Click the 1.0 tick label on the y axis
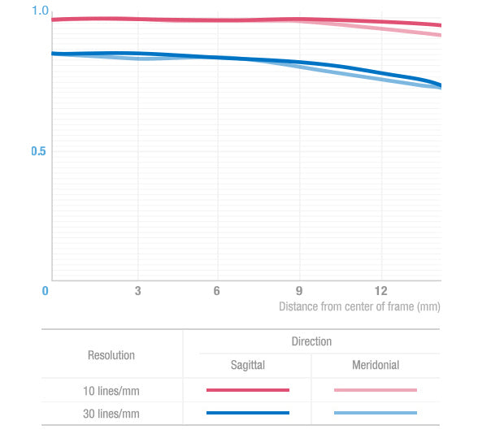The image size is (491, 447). coord(41,11)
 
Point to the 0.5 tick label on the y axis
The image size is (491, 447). coord(38,151)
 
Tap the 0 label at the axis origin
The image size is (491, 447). coord(45,291)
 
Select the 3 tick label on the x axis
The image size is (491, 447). coord(137,291)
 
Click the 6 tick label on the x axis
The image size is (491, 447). coord(217,291)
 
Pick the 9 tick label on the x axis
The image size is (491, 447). coord(299,291)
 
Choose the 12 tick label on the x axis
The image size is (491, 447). coord(381,291)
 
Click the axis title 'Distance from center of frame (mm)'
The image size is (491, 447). coord(359,306)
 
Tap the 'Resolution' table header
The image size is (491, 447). coord(111,355)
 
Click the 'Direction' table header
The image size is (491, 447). coord(311,341)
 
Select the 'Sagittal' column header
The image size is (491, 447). coord(248,365)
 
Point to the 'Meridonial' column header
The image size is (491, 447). coord(376,365)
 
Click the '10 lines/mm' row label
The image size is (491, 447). coord(111,391)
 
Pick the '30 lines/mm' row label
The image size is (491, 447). coord(111,414)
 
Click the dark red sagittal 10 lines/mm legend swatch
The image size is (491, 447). coord(248,390)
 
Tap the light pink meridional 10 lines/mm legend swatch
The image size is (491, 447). coord(376,390)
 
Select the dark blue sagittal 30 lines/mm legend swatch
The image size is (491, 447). coord(248,413)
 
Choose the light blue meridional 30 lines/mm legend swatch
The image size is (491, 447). coord(376,413)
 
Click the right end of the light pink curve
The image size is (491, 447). coord(441,35)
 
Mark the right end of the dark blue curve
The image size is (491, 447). coord(441,85)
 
